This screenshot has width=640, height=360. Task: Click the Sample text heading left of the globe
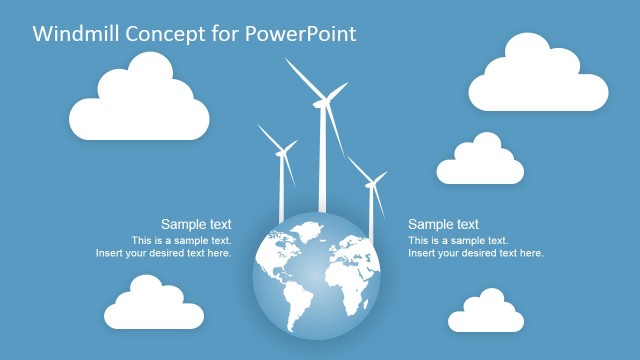[x=196, y=225]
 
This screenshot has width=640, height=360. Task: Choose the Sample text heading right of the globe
[x=443, y=225]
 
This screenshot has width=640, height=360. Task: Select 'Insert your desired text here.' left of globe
[x=163, y=254]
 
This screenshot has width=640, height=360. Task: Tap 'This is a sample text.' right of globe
[x=458, y=241]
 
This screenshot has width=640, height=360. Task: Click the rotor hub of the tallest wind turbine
[x=322, y=100]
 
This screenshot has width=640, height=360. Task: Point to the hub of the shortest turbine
[x=371, y=183]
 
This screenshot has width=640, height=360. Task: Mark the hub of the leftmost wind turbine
[x=282, y=151]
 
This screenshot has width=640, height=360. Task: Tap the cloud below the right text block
[x=486, y=313]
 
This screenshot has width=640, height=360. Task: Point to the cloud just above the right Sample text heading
[x=480, y=162]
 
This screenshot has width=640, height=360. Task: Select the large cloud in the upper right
[x=538, y=76]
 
